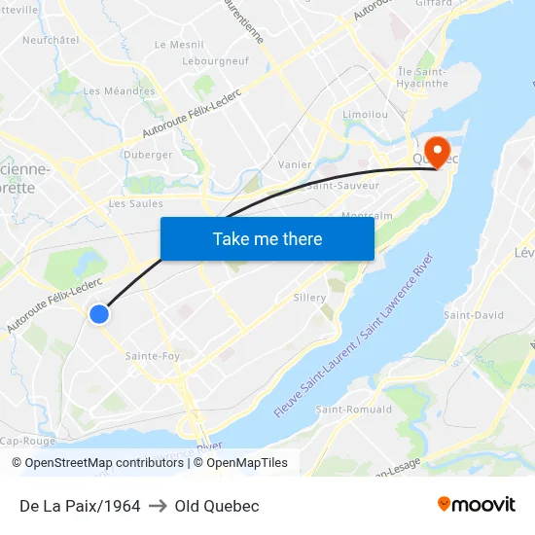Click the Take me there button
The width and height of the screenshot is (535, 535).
click(267, 238)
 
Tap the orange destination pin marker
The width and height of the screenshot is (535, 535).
click(437, 152)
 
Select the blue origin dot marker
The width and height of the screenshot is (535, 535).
click(99, 313)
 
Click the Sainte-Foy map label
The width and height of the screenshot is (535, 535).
click(153, 356)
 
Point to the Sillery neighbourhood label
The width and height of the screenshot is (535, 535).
click(309, 298)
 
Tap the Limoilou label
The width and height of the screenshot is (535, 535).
click(366, 115)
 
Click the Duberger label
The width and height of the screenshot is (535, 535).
click(148, 155)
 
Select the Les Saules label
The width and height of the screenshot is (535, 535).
click(135, 203)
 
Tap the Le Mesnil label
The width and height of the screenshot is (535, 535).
click(179, 45)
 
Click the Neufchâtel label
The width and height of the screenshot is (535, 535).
click(50, 40)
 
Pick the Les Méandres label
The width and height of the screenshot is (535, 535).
click(119, 91)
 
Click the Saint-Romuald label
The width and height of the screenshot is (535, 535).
click(354, 410)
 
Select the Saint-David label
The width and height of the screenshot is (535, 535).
click(474, 315)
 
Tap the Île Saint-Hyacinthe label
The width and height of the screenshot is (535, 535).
click(421, 78)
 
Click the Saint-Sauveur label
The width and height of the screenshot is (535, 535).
click(342, 184)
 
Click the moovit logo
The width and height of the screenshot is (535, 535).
click(477, 505)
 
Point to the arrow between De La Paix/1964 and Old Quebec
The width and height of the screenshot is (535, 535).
click(157, 506)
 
